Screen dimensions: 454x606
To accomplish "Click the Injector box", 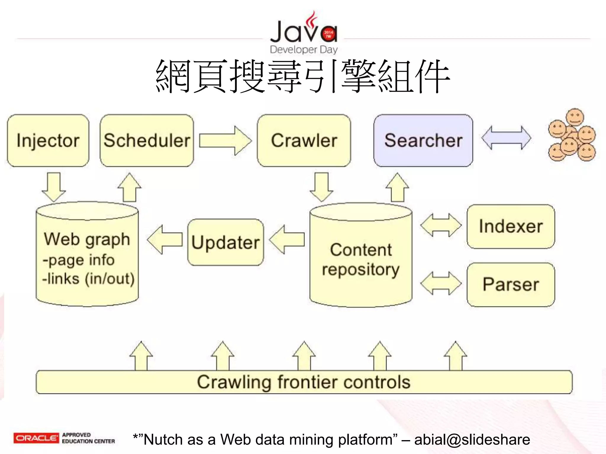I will (48, 141).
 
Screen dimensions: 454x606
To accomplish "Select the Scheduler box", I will (147, 141).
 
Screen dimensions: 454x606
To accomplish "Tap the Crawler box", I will (304, 141).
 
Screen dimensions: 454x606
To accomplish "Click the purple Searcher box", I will (423, 141).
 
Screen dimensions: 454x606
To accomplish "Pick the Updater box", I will (225, 242).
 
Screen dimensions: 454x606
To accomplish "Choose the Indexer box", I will (511, 226).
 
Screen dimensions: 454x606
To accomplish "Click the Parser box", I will (511, 285).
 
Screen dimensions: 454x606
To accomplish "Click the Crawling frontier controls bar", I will (304, 382).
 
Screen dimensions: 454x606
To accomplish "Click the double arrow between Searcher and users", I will (506, 138).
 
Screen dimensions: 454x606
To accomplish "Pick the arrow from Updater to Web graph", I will (165, 239).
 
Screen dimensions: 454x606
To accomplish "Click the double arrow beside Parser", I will (441, 283).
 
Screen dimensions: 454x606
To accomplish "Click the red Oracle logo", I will (36, 438).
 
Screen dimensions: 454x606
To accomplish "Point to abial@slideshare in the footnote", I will (472, 440).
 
